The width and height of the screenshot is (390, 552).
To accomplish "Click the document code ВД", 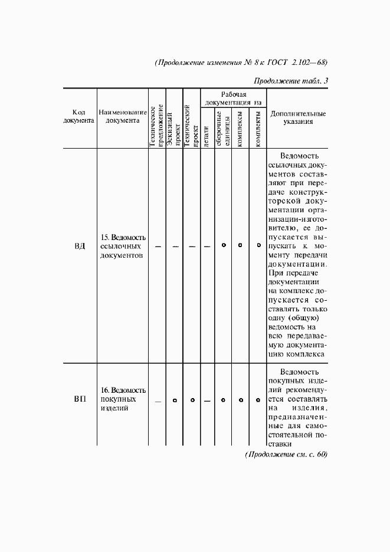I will tap(80, 245).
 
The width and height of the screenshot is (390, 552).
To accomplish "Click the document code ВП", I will tap(80, 399).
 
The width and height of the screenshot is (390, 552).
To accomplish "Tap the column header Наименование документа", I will tap(122, 117).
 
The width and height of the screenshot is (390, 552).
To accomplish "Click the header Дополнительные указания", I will tap(297, 117).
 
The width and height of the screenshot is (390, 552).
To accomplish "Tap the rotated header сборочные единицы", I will tap(223, 130).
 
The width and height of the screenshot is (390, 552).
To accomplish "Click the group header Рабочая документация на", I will tap(233, 98).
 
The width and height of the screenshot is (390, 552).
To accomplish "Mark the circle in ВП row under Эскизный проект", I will tap(175, 400).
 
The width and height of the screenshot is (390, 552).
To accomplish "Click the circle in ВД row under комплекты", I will tap(258, 245).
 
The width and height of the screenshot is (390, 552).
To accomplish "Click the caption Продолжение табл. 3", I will tap(290, 81).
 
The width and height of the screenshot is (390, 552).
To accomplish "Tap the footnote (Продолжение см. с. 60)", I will tap(286, 454).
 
